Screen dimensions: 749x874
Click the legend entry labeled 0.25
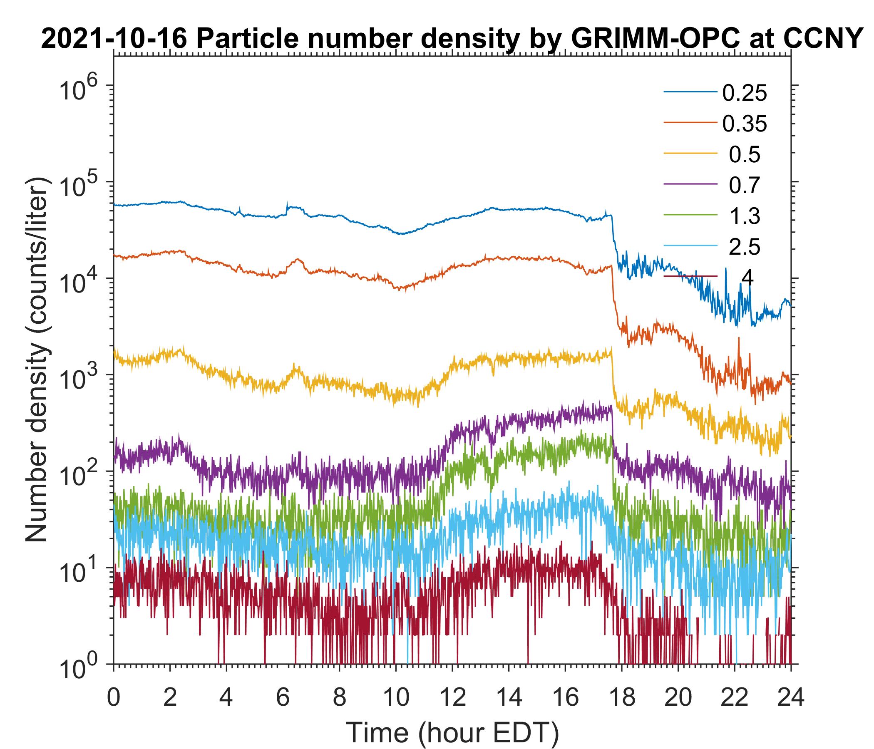(744, 93)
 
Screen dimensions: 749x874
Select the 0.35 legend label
(744, 124)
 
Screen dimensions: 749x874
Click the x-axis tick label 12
(452, 698)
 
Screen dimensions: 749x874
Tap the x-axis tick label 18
(622, 698)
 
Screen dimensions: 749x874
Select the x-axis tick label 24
(791, 698)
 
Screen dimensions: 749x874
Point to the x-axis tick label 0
(113, 698)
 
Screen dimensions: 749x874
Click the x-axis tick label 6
(283, 698)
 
